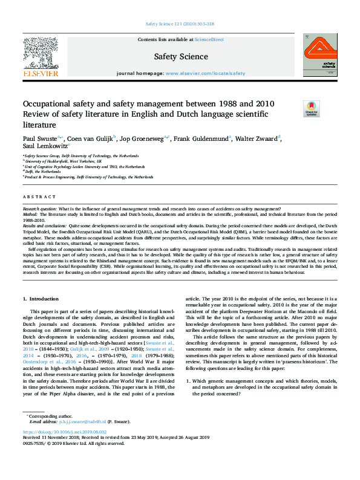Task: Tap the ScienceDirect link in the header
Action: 209,40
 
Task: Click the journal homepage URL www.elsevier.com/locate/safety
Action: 205,73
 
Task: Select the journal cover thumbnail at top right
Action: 320,54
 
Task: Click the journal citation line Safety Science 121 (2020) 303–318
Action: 180,25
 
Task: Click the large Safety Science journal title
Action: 180,56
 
